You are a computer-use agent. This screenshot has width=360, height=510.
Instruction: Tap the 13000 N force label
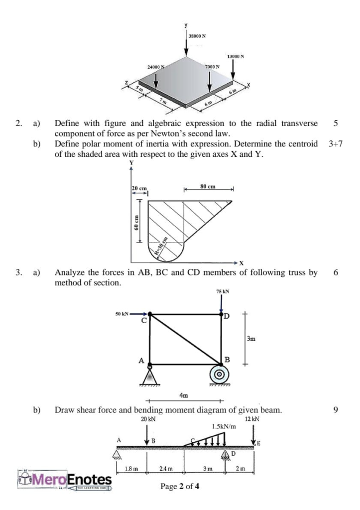(x=236, y=56)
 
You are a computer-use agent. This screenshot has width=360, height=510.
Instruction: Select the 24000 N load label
(x=157, y=66)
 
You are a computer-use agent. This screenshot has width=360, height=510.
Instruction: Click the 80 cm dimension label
(x=207, y=187)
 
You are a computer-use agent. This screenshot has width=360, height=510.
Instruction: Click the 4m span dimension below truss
(x=183, y=395)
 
